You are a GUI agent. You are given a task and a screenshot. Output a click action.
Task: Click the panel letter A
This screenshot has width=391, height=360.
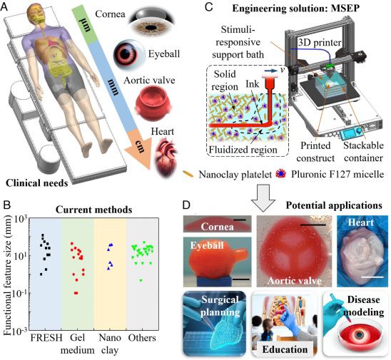click(4, 6)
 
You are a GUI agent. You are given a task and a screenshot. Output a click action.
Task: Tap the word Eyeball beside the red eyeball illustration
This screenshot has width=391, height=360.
click(164, 54)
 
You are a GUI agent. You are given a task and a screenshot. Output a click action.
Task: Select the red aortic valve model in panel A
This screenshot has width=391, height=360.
click(151, 102)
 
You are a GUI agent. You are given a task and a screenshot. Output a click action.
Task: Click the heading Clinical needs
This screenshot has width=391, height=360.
click(36, 183)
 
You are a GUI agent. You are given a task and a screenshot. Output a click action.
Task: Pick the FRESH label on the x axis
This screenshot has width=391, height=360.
click(46, 338)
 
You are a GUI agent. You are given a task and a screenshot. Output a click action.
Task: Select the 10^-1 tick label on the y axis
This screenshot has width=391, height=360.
click(21, 293)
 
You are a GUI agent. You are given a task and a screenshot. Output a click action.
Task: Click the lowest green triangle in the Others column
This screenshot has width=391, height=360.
click(141, 281)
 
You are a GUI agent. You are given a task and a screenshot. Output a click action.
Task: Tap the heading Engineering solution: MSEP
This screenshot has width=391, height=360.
click(295, 9)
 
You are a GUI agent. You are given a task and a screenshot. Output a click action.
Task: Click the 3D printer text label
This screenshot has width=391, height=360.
click(320, 43)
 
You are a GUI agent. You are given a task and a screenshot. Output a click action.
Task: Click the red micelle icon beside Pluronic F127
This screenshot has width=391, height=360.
click(281, 174)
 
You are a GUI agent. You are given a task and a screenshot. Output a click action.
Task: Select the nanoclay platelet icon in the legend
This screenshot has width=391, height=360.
click(188, 174)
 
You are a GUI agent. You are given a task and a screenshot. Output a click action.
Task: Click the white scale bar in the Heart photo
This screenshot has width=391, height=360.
click(372, 277)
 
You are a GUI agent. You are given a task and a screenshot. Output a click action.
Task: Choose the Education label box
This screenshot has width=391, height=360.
click(285, 349)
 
